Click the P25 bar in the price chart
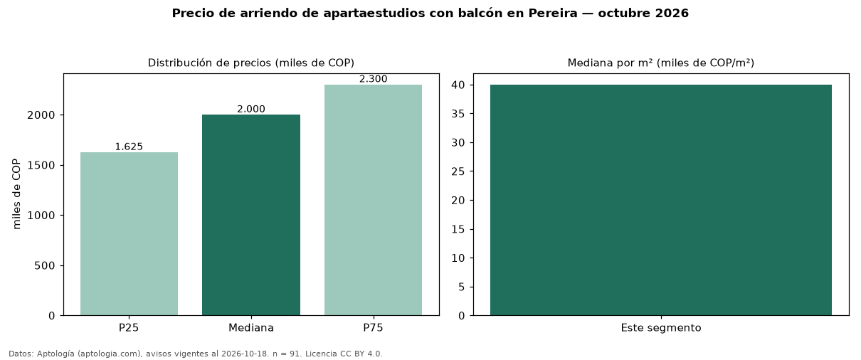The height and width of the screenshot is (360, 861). pyautogui.click(x=130, y=234)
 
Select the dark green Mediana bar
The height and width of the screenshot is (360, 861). pyautogui.click(x=251, y=215)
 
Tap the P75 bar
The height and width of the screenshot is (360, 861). pyautogui.click(x=373, y=200)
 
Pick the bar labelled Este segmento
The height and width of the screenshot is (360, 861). pyautogui.click(x=661, y=200)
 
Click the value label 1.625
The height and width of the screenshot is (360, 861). pyautogui.click(x=130, y=147)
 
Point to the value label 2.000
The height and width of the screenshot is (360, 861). pyautogui.click(x=251, y=109)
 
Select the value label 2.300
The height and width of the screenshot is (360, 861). pyautogui.click(x=374, y=79)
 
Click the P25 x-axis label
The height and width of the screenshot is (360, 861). pyautogui.click(x=129, y=328)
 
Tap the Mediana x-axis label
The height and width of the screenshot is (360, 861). pyautogui.click(x=251, y=328)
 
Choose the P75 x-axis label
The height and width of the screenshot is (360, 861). pyautogui.click(x=374, y=328)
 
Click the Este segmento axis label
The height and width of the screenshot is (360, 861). pyautogui.click(x=661, y=328)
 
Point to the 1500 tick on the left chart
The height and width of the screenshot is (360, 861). pyautogui.click(x=41, y=165)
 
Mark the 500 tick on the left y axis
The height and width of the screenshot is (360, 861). pyautogui.click(x=45, y=265)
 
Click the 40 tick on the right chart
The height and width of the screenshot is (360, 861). pyautogui.click(x=458, y=85)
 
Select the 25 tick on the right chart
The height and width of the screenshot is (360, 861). pyautogui.click(x=458, y=171)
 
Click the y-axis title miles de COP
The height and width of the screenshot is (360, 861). pyautogui.click(x=16, y=194)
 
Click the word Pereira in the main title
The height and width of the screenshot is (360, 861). pyautogui.click(x=553, y=13)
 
